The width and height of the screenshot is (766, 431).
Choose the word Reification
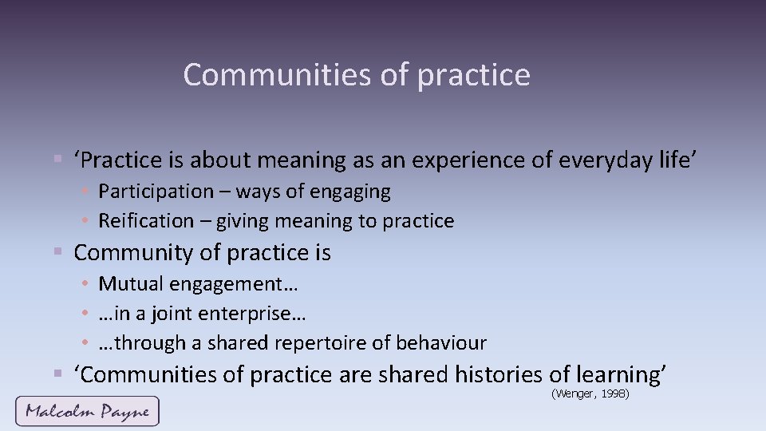[146, 221]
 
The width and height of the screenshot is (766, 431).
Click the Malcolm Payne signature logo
[87, 411]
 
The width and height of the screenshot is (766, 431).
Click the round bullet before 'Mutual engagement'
[85, 284]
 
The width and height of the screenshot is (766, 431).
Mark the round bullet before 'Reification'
[85, 222]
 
